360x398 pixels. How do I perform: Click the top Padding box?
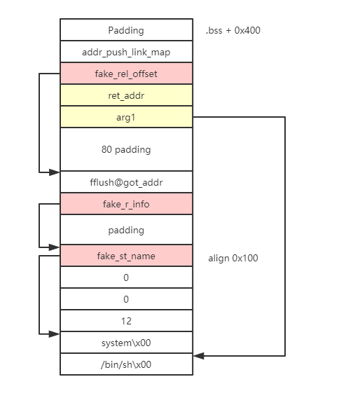click(126, 29)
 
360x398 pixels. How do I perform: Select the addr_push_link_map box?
click(126, 52)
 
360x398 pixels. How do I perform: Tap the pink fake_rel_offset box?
click(126, 74)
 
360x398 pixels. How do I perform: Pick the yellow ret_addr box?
click(126, 95)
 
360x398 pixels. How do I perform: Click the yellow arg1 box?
click(126, 117)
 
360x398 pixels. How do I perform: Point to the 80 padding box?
click(126, 149)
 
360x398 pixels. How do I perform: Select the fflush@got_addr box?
click(126, 182)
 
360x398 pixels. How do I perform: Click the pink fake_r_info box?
click(126, 204)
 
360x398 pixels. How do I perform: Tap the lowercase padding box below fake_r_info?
click(126, 229)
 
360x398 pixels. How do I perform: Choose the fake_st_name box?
click(126, 256)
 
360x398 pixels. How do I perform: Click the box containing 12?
click(126, 321)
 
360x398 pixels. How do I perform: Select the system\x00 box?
click(126, 343)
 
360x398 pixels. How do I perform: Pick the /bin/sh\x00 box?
click(126, 364)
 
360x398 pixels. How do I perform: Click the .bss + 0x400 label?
click(233, 30)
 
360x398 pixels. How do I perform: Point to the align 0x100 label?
click(233, 258)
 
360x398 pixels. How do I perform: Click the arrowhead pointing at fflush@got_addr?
click(55, 172)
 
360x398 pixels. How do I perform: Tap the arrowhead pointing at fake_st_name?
click(55, 247)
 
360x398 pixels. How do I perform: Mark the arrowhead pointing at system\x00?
click(55, 334)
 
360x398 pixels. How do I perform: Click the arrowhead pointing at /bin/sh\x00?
click(199, 356)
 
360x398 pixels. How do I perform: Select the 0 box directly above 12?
click(126, 298)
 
